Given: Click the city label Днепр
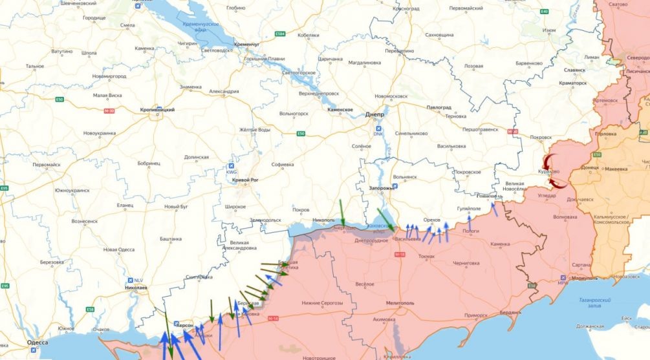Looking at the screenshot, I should [374, 114].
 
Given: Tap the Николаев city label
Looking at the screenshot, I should [135, 286].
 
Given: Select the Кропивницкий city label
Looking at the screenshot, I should [157, 110].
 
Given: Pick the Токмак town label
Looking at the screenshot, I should [427, 256].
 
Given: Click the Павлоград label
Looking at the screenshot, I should [438, 107].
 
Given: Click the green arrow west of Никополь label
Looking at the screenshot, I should [342, 213].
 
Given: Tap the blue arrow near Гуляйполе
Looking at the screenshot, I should [494, 208].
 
